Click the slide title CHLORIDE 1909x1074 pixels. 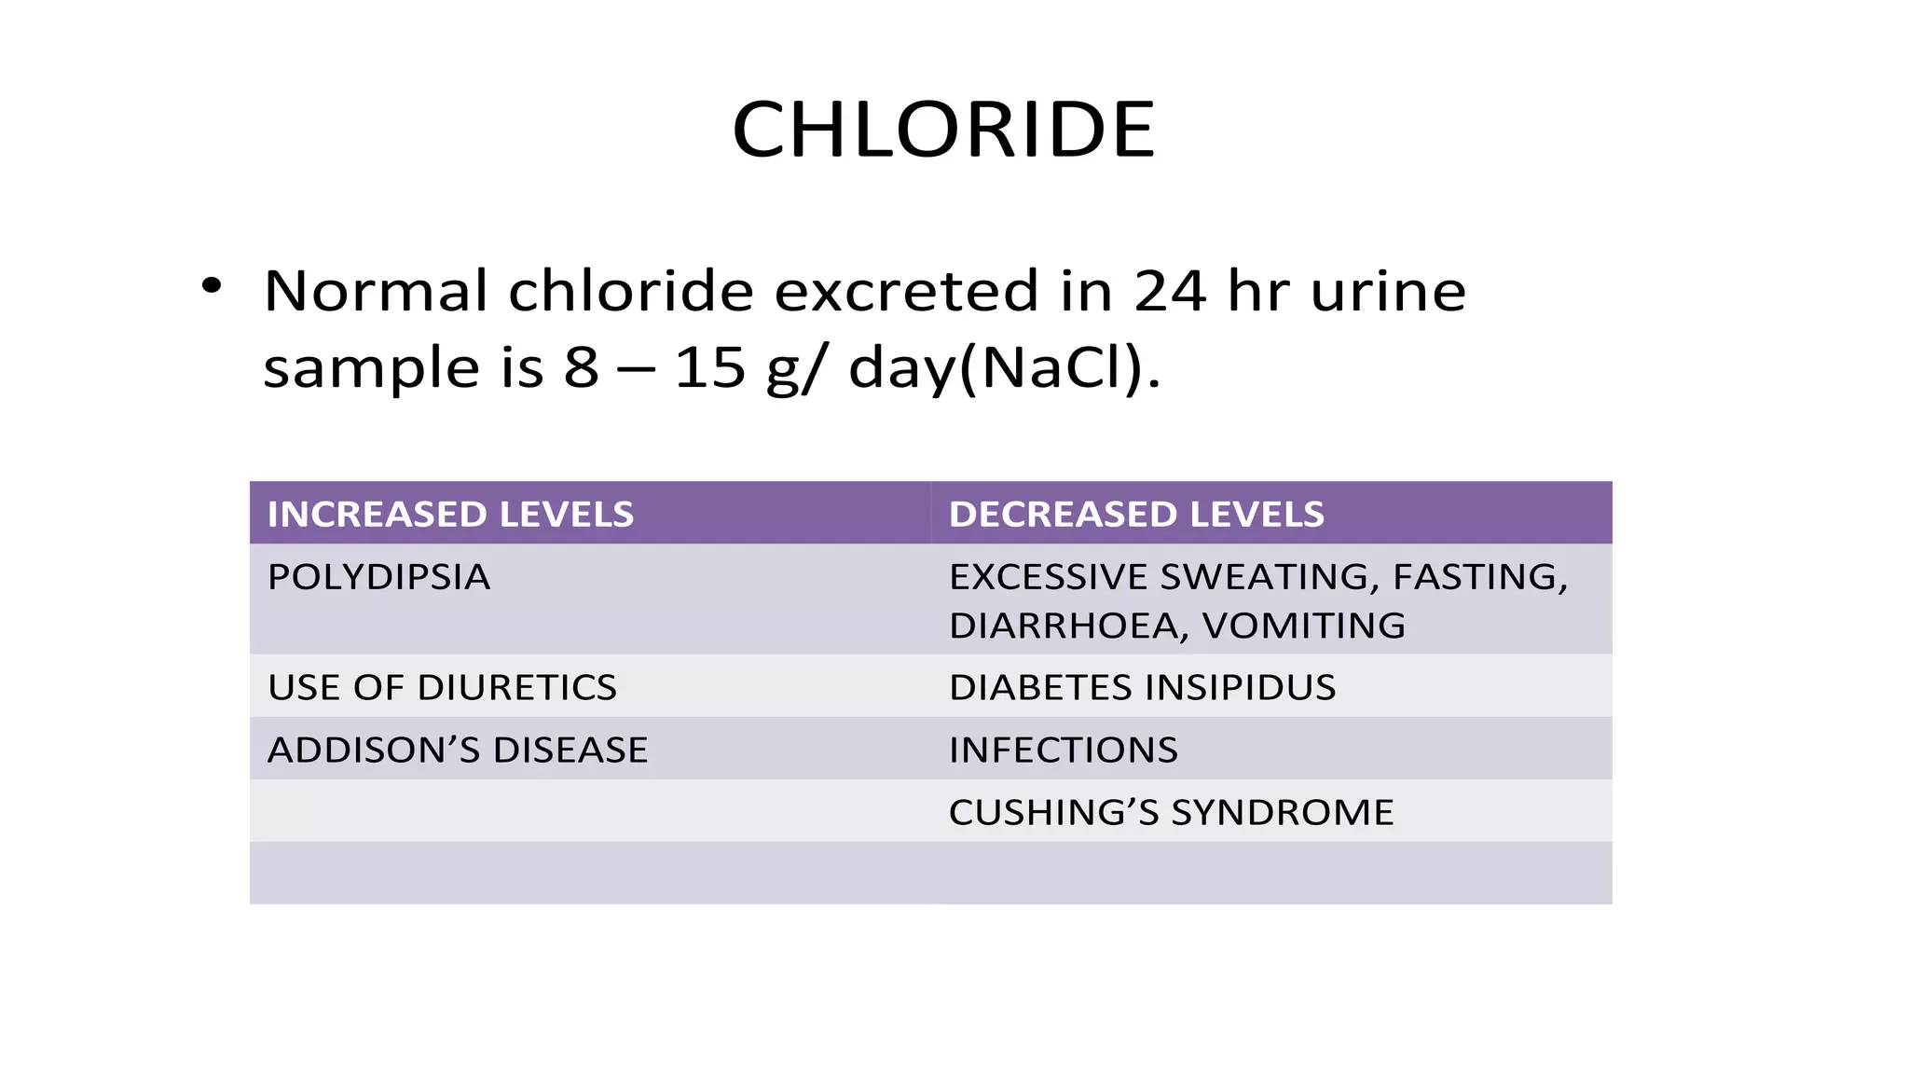pyautogui.click(x=943, y=131)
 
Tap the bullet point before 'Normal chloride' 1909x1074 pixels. pyautogui.click(x=212, y=285)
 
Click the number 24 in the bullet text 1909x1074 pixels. pyautogui.click(x=1170, y=291)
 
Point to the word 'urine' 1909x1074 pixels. pyautogui.click(x=1388, y=291)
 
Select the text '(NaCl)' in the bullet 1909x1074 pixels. pyautogui.click(x=1059, y=368)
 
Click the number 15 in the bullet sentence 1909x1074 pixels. pyautogui.click(x=709, y=367)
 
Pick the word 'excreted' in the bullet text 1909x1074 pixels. pyautogui.click(x=905, y=291)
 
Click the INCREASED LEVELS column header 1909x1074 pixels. pyautogui.click(x=450, y=515)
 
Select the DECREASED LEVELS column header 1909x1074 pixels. pyautogui.click(x=1135, y=515)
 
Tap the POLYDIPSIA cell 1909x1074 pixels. pyautogui.click(x=378, y=577)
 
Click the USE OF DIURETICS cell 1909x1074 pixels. pyautogui.click(x=442, y=687)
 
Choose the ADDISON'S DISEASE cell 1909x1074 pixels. pyautogui.click(x=457, y=750)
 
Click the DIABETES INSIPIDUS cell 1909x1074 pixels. pyautogui.click(x=1142, y=687)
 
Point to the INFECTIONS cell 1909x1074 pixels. pyautogui.click(x=1063, y=750)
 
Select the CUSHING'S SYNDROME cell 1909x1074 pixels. pyautogui.click(x=1171, y=812)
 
